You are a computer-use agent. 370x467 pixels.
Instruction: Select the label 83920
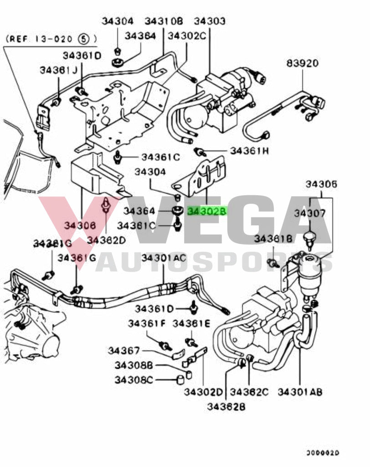pyautogui.click(x=302, y=63)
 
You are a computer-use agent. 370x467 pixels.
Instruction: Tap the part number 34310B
pyautogui.click(x=164, y=21)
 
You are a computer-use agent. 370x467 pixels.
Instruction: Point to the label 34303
pyautogui.click(x=210, y=21)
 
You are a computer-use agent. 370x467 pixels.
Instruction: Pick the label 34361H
pyautogui.click(x=249, y=150)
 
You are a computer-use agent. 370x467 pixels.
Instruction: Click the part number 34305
pyautogui.click(x=321, y=184)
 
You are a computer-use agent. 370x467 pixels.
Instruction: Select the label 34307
pyautogui.click(x=309, y=213)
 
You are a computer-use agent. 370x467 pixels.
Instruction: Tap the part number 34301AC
pyautogui.click(x=164, y=258)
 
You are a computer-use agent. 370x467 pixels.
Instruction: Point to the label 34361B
pyautogui.click(x=273, y=238)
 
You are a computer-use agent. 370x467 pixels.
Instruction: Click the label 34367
pyautogui.click(x=124, y=350)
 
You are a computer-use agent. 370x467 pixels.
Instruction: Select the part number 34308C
pyautogui.click(x=134, y=379)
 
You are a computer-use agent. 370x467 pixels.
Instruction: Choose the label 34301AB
pyautogui.click(x=300, y=392)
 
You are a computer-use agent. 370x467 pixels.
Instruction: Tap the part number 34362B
pyautogui.click(x=226, y=407)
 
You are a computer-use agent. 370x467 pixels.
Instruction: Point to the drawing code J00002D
pyautogui.click(x=323, y=453)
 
